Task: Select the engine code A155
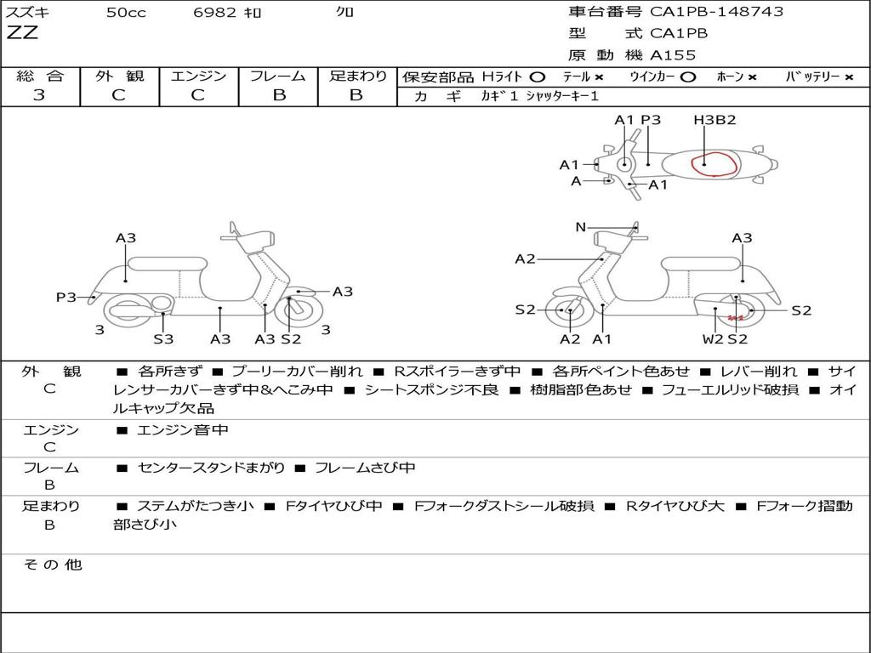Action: [x=673, y=55]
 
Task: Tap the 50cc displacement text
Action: [x=126, y=13]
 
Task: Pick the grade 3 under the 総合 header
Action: [x=39, y=95]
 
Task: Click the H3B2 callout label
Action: [x=714, y=120]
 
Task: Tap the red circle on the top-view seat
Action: [x=713, y=163]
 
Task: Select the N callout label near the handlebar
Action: [x=581, y=227]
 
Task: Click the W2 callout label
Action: [x=713, y=339]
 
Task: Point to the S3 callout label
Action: [x=163, y=339]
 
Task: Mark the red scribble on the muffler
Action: [x=736, y=318]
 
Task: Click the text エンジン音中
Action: [x=183, y=430]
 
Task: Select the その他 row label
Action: [x=52, y=565]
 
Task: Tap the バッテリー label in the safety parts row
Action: [x=811, y=77]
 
